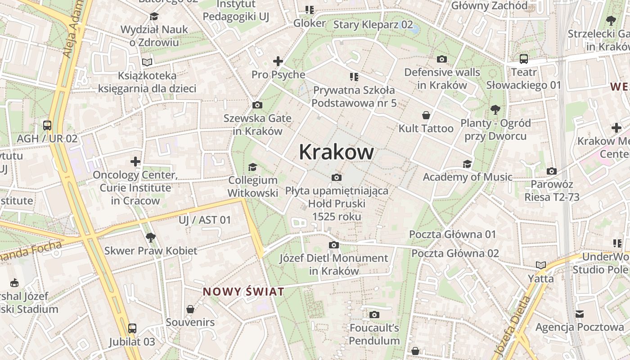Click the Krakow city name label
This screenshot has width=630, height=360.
click(336, 152)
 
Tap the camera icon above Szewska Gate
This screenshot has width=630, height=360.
click(257, 105)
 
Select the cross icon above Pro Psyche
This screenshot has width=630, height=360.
click(278, 61)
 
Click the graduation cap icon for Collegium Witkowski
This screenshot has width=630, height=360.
click(252, 167)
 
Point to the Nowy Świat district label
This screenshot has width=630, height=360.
click(243, 292)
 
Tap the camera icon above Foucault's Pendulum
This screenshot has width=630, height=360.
click(374, 315)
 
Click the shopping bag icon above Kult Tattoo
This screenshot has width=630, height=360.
click(426, 116)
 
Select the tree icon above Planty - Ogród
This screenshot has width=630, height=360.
click(495, 109)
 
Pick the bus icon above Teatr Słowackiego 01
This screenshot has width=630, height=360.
click(523, 59)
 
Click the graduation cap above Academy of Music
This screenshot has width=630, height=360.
click(467, 164)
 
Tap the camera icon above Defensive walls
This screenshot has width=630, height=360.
click(442, 59)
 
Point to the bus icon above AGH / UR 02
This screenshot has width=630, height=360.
click(47, 126)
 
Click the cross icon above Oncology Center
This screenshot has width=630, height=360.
click(135, 161)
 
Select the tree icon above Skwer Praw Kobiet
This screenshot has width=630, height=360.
click(150, 237)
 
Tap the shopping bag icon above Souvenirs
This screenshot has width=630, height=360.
click(190, 309)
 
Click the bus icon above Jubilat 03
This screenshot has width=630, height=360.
click(132, 328)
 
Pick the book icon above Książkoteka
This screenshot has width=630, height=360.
click(147, 62)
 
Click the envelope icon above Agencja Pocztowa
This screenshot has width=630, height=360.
click(580, 314)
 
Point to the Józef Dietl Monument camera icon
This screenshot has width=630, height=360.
click(333, 245)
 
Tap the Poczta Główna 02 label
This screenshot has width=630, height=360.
click(455, 253)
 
